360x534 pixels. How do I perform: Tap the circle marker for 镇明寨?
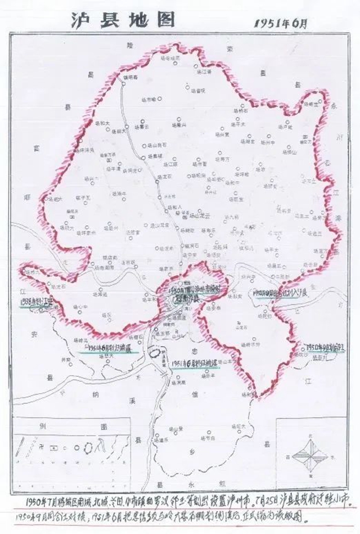(x=124, y=85)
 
